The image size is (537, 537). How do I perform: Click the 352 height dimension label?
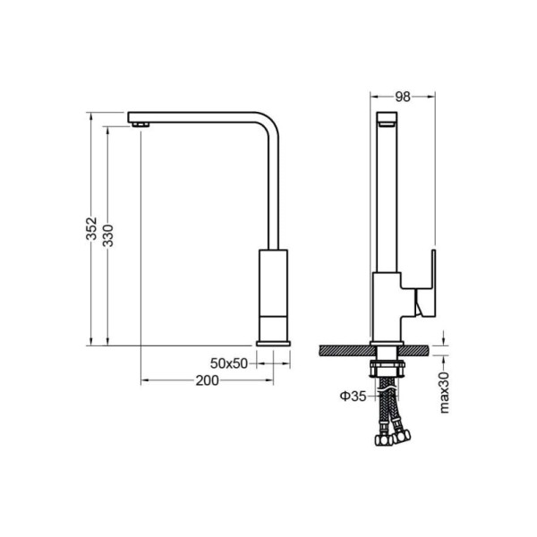(91, 228)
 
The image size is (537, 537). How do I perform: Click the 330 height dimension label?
(108, 235)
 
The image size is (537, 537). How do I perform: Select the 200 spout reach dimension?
(208, 380)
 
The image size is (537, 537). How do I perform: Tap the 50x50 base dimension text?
(229, 363)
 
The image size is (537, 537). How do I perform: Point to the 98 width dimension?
(403, 97)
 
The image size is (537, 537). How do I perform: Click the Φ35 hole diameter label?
(354, 396)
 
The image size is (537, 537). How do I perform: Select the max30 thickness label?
(444, 393)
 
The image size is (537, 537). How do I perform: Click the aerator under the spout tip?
(141, 124)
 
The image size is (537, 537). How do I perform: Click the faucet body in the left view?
(273, 295)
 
